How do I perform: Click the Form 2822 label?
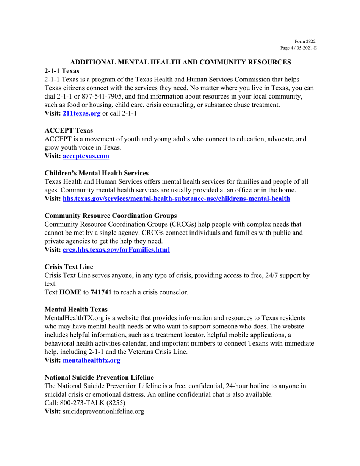305,42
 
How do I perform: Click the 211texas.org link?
81,114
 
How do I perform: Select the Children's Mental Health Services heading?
97,173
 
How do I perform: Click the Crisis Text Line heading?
69,267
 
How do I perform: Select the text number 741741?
101,292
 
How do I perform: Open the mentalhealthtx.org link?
91,361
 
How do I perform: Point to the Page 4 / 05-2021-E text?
298,48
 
